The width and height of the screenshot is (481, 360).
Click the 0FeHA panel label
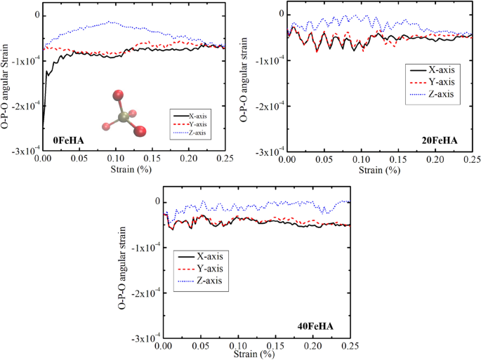click(x=68, y=141)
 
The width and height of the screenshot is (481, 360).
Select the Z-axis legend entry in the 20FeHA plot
click(x=439, y=95)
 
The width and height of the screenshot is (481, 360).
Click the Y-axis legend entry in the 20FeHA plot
click(x=439, y=82)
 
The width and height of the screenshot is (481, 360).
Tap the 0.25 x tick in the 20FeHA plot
click(x=470, y=160)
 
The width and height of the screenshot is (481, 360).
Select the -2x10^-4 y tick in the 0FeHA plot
click(x=25, y=106)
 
